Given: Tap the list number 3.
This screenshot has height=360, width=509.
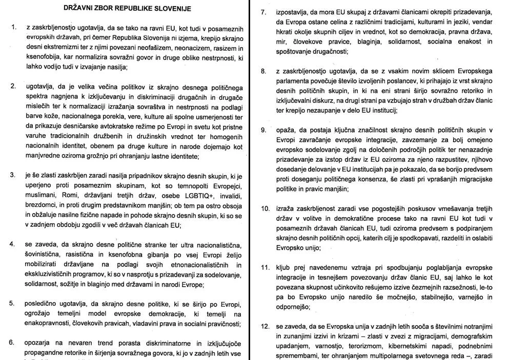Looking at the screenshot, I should [x=13, y=175].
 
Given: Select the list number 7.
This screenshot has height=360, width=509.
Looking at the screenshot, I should [x=263, y=12].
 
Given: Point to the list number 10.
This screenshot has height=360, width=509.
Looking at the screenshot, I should [x=264, y=208].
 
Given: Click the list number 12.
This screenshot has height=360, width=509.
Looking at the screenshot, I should [x=264, y=326].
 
